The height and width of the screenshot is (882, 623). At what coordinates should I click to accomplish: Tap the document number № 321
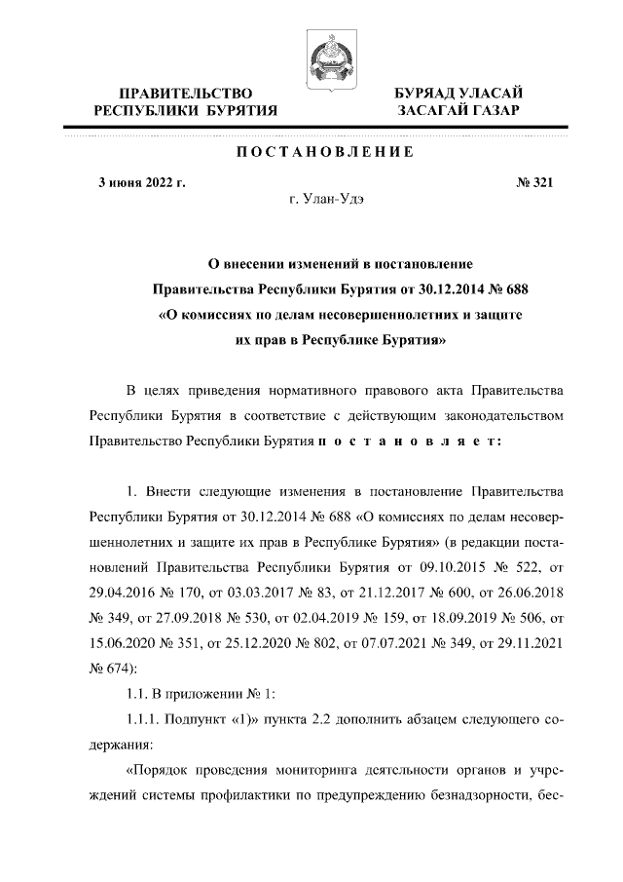(x=533, y=181)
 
